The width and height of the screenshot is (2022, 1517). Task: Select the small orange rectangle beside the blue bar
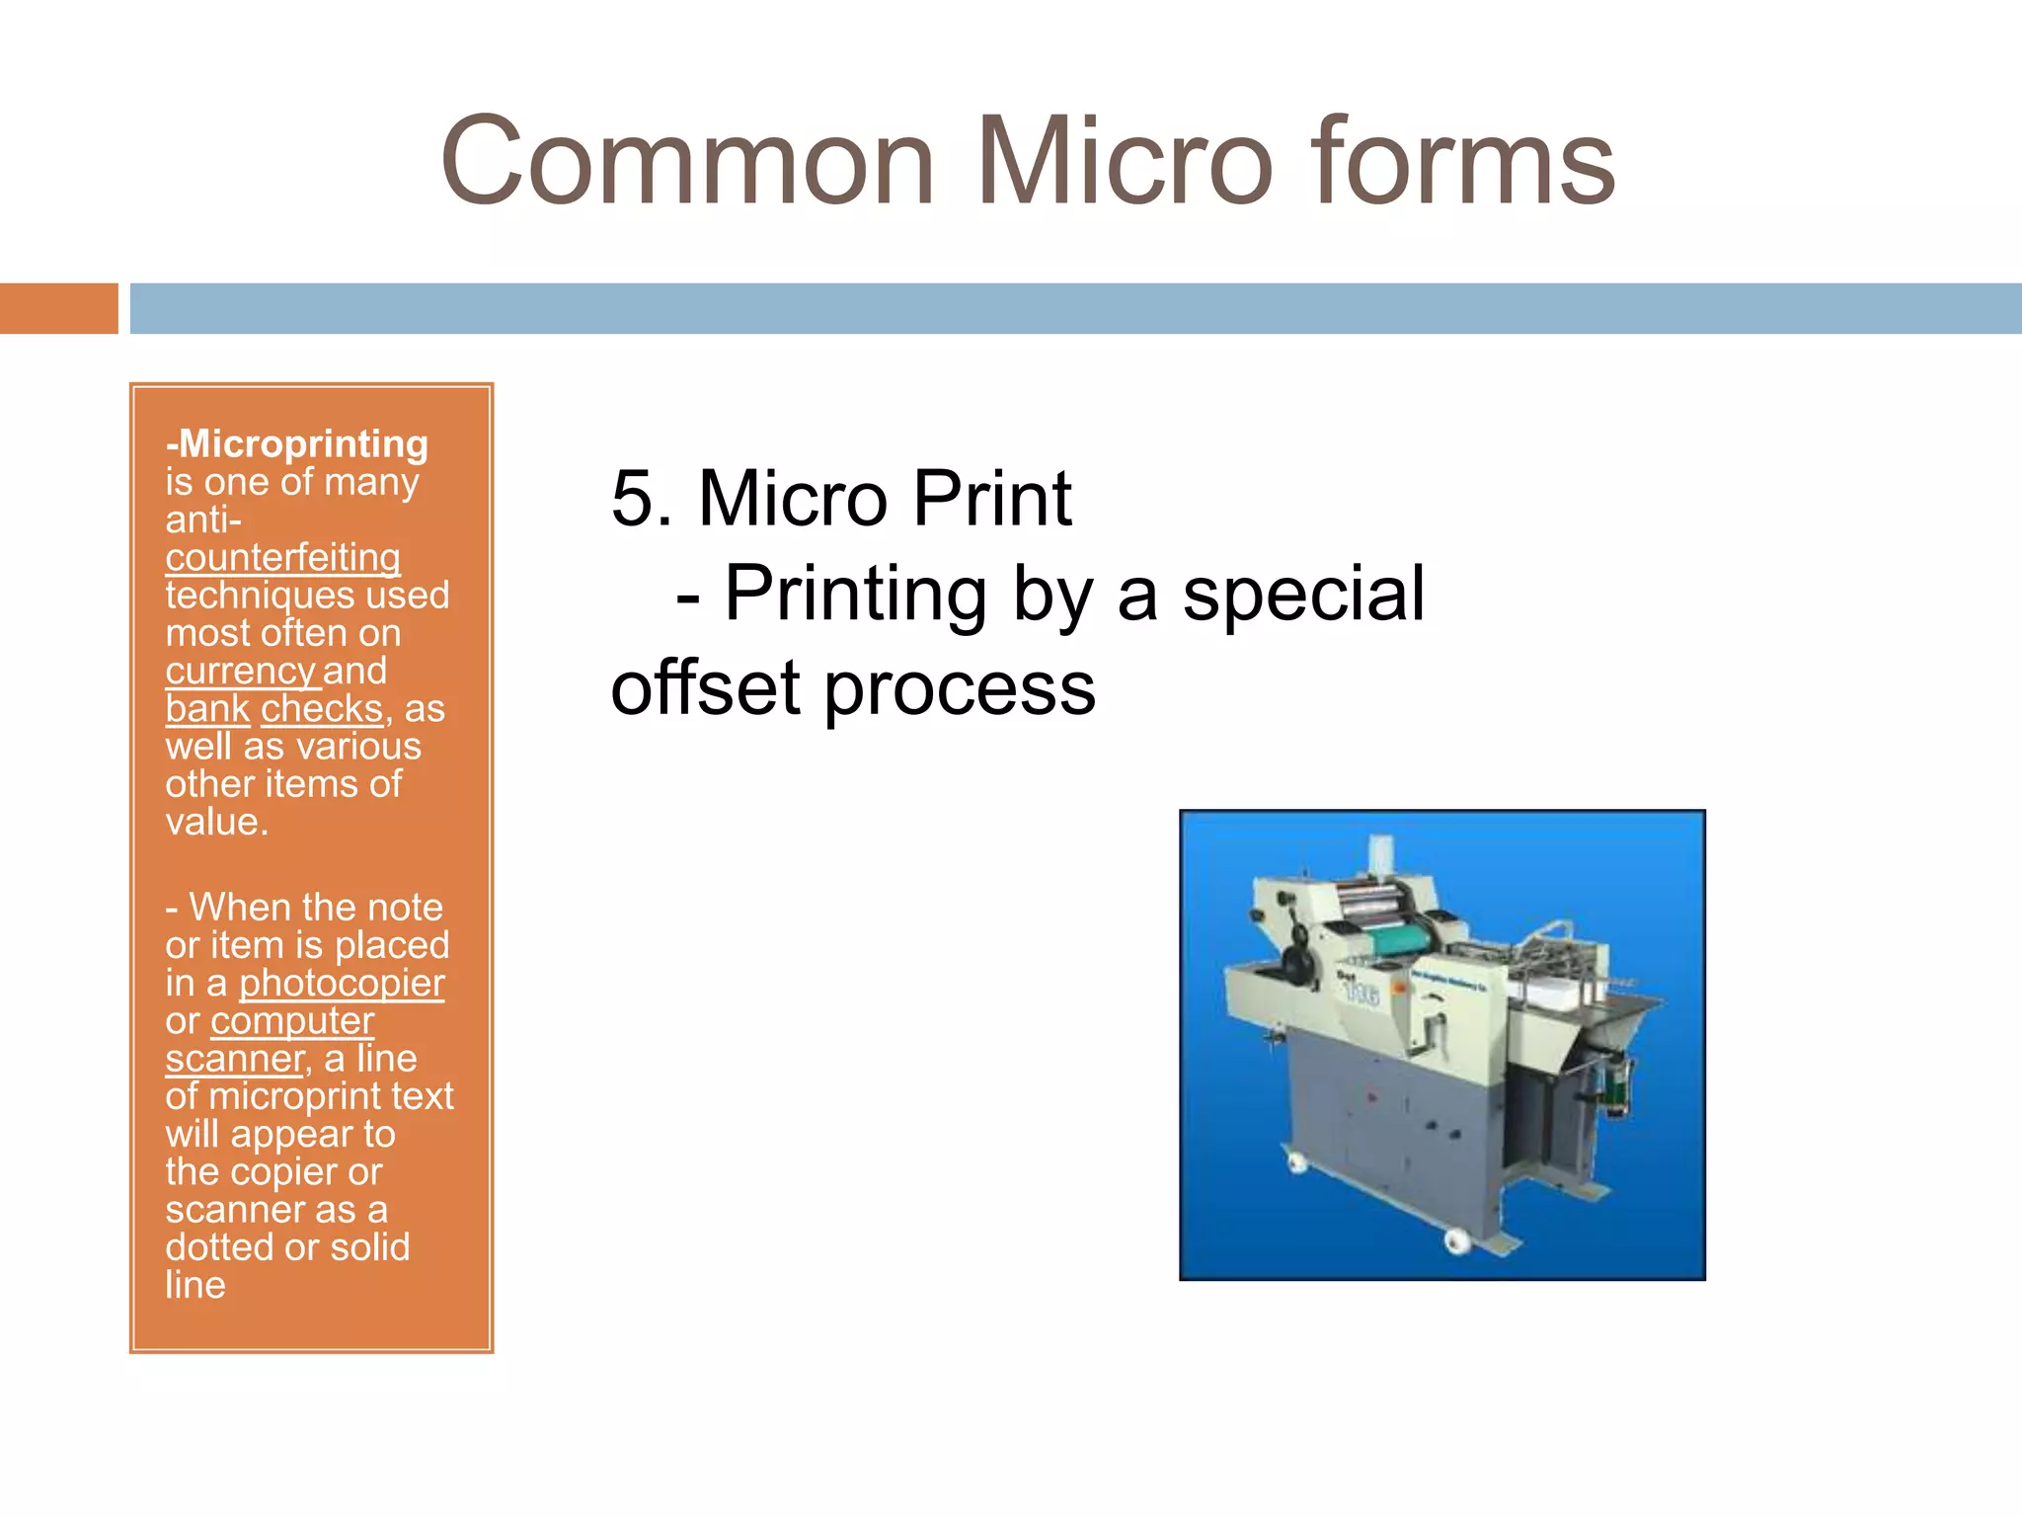click(x=58, y=308)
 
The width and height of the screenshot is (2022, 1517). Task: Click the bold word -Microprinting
click(x=297, y=443)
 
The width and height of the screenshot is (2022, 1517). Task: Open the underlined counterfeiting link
click(x=282, y=558)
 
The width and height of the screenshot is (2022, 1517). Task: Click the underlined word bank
click(x=207, y=709)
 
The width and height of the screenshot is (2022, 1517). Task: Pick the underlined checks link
click(x=321, y=709)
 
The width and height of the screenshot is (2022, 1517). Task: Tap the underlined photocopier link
click(x=342, y=984)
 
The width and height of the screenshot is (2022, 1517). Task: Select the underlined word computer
click(x=292, y=1021)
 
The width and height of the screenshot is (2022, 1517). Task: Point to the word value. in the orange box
click(x=217, y=823)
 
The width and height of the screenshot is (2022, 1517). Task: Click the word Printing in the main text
click(x=855, y=594)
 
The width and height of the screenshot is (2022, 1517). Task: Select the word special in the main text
click(x=1303, y=594)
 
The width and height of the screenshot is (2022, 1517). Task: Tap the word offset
click(x=705, y=688)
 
